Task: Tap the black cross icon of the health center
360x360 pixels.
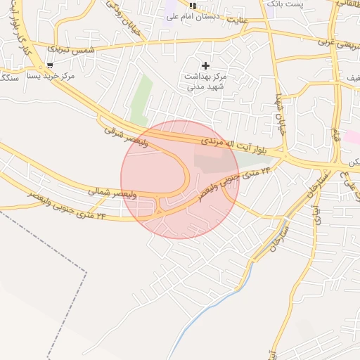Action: (205, 65)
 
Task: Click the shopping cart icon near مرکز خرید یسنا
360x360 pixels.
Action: (50, 65)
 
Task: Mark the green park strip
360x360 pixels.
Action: (141, 101)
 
